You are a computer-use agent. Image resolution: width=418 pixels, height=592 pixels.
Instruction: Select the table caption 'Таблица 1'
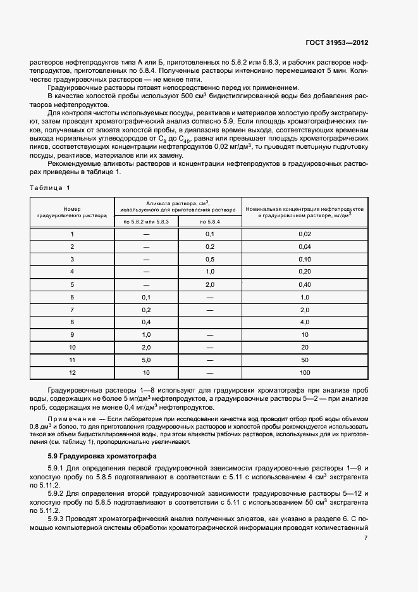tap(51, 188)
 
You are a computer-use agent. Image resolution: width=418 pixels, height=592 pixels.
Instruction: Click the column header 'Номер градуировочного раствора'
tap(72, 211)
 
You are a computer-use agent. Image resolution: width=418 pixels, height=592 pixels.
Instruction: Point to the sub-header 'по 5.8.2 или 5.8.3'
tap(146, 222)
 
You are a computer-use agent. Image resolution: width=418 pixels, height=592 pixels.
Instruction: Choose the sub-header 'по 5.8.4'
tap(210, 222)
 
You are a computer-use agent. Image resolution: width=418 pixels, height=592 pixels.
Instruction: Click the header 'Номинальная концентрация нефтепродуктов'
tap(304, 211)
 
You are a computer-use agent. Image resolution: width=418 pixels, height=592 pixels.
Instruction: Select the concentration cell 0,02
tap(304, 234)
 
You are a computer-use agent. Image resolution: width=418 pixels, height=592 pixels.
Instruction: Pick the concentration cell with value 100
tap(304, 373)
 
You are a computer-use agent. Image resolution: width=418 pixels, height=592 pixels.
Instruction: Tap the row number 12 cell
tap(72, 373)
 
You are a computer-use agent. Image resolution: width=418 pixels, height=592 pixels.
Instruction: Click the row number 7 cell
tap(72, 310)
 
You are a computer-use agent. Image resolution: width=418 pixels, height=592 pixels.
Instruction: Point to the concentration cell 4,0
tap(304, 322)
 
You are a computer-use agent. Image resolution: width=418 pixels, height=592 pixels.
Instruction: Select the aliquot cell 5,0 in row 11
tap(146, 360)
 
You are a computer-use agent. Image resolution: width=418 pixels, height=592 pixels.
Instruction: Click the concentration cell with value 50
tap(304, 360)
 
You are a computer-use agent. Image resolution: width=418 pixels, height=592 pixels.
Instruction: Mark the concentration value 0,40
tap(304, 285)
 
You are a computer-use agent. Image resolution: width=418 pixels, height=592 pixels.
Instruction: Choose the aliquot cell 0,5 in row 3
tap(210, 260)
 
